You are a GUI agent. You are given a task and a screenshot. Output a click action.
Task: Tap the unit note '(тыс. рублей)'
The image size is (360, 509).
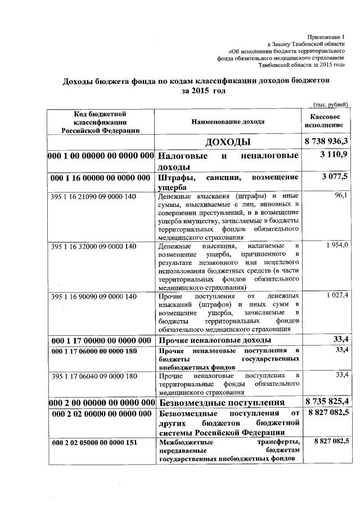point(331,103)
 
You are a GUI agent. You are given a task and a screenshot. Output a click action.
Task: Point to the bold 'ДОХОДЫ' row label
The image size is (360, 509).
point(228,141)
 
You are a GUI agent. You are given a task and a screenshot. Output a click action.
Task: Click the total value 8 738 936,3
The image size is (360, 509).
point(326,141)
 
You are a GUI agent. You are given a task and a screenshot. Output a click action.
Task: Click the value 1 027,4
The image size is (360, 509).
point(337,295)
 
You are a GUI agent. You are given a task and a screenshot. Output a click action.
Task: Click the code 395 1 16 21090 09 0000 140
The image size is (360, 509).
point(93,196)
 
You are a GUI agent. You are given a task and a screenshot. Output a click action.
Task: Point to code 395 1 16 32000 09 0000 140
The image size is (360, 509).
point(93,246)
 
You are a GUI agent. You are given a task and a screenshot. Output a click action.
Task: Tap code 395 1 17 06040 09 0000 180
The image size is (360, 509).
point(93,375)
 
